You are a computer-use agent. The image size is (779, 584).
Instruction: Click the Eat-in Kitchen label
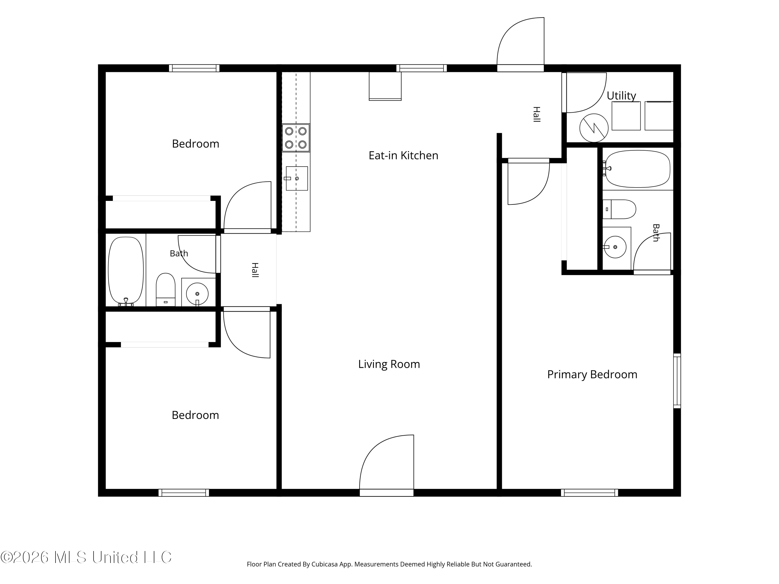click(403, 155)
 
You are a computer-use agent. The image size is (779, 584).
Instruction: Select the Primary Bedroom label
click(592, 375)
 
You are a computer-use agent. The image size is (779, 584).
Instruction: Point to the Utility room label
click(621, 96)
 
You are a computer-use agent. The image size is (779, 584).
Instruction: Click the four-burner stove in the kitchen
click(296, 138)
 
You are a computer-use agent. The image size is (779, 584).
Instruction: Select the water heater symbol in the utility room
click(594, 128)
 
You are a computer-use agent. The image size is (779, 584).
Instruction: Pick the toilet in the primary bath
click(619, 209)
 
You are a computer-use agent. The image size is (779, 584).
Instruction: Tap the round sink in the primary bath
click(615, 247)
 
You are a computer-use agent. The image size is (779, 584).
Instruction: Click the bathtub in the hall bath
click(126, 271)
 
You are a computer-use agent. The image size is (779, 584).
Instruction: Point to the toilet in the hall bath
click(165, 289)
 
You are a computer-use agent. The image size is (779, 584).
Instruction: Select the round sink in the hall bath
click(197, 293)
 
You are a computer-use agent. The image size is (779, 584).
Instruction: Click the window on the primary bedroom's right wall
click(677, 381)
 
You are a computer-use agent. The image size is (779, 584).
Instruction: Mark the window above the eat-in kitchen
click(421, 68)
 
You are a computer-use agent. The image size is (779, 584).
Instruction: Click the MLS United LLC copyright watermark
click(86, 557)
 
